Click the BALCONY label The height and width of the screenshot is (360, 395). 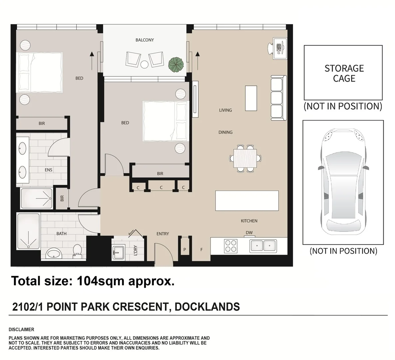pos(145,40)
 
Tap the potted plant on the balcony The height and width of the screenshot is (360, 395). pos(176,64)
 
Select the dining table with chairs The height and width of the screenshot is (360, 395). pos(245,158)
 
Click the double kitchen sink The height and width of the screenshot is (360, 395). pos(263,246)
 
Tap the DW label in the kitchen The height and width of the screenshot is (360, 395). pos(249,233)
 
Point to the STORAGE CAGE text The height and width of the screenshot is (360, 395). pos(344,73)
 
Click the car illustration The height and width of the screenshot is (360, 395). pos(343,182)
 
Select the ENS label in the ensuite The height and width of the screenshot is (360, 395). pos(49,170)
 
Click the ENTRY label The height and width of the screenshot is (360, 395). pos(163,234)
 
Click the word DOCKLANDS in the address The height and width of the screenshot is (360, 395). pos(207,306)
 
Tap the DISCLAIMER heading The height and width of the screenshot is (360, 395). pos(21,329)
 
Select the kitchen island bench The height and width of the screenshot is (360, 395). pos(247,200)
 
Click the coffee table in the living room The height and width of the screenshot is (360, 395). pos(251,98)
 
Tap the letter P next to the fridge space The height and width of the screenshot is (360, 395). pos(185,249)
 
